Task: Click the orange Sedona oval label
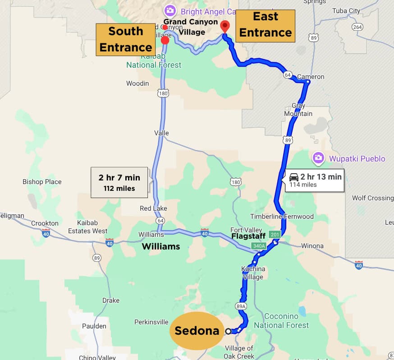tap(197, 331)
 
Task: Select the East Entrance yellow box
tap(265, 25)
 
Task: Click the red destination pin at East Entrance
tap(225, 25)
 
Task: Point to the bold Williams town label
tap(161, 246)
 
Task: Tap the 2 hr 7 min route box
tap(119, 182)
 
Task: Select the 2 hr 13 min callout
tap(315, 180)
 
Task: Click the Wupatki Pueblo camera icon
tap(318, 158)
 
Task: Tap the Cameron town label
tap(311, 77)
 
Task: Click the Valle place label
tap(161, 133)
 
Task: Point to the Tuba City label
tap(346, 10)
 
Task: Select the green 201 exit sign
tap(275, 235)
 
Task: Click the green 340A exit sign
tap(259, 246)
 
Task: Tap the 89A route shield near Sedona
tap(241, 306)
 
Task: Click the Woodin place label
tap(137, 83)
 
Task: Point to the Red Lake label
tap(153, 208)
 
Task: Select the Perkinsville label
tap(151, 322)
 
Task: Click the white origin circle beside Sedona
tap(228, 331)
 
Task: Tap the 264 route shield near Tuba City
tap(357, 27)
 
